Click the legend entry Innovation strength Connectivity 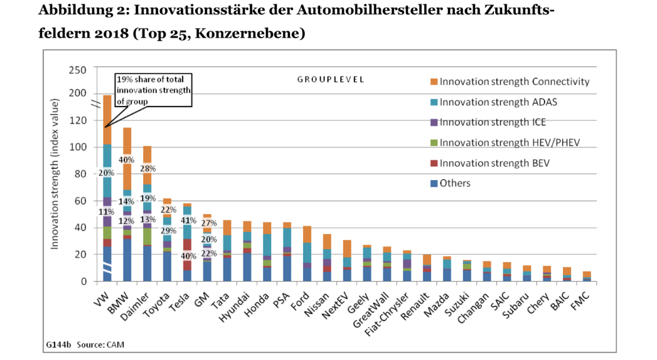click(514, 82)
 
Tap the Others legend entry click(455, 183)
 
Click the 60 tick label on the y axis click(80, 201)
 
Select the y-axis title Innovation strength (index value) click(55, 174)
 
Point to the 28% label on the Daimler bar click(147, 169)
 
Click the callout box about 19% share click(152, 90)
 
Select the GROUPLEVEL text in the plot click(331, 80)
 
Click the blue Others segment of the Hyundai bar click(247, 267)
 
